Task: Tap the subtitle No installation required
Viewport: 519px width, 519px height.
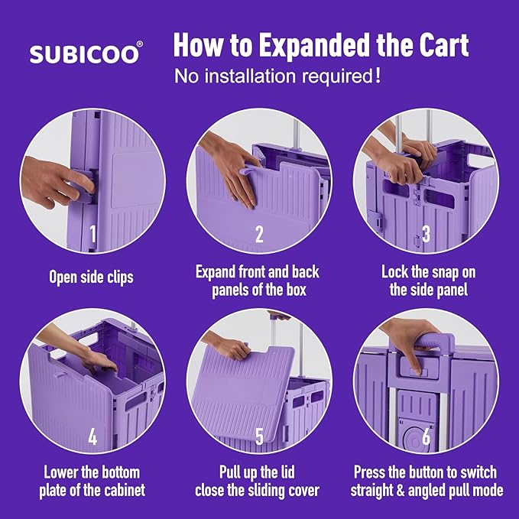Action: [x=277, y=77]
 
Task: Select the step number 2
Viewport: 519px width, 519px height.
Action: [x=259, y=234]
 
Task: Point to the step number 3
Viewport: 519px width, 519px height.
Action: [x=426, y=234]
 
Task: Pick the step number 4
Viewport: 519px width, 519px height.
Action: [x=92, y=437]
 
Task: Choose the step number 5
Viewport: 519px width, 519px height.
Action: [x=259, y=437]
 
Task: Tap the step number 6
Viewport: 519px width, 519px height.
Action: [x=426, y=437]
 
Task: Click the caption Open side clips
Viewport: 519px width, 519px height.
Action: [x=91, y=277]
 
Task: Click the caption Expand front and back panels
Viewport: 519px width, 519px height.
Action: [x=258, y=281]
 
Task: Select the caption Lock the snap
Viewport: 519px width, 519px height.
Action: [x=425, y=281]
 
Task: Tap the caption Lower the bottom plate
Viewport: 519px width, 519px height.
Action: [x=92, y=481]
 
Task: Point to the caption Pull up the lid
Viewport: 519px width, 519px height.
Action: [x=258, y=481]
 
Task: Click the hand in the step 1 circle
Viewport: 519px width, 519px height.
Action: [x=57, y=183]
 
